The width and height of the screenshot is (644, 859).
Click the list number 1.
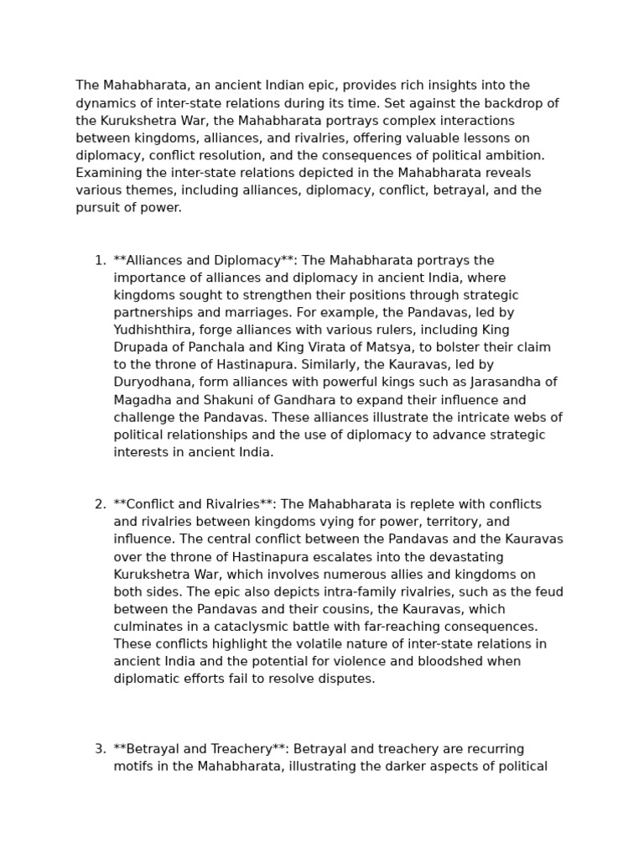click(x=99, y=260)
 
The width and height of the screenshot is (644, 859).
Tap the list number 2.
click(x=99, y=504)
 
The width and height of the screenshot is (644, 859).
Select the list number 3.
click(x=99, y=748)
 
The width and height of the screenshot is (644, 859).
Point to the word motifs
click(x=132, y=766)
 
